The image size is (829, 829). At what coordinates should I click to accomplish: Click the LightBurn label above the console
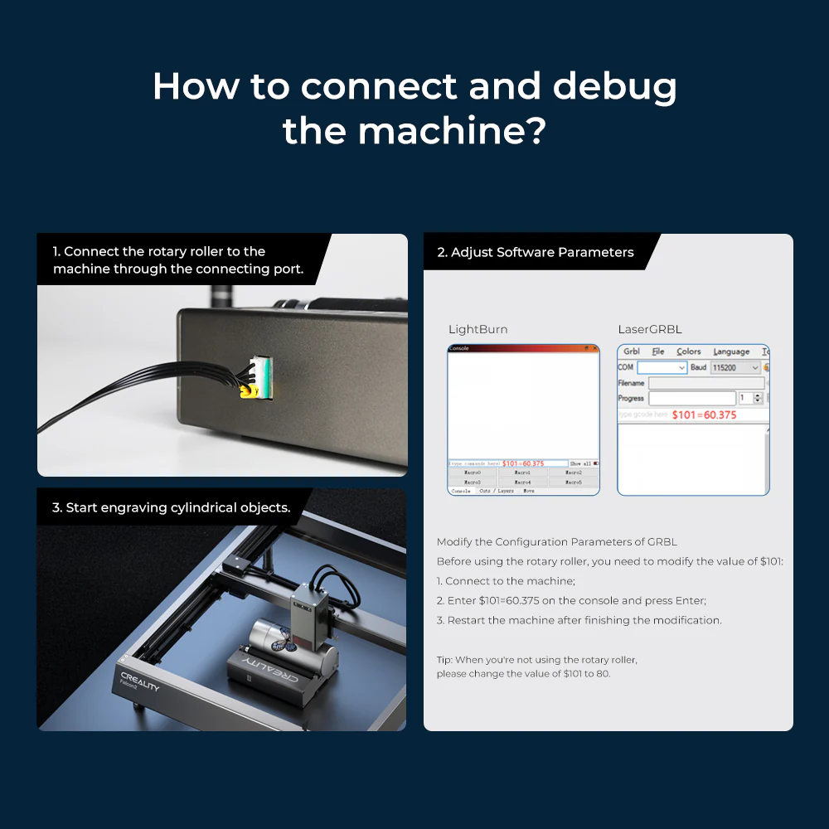(x=478, y=329)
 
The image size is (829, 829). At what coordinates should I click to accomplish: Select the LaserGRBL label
(x=650, y=329)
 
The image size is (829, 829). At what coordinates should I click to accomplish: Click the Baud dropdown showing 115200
(x=735, y=367)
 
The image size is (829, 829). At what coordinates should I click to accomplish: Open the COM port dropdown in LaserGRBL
(x=662, y=367)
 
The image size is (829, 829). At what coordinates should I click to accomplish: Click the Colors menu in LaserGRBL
(x=688, y=351)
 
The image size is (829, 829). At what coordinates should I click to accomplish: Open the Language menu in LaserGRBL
(x=730, y=351)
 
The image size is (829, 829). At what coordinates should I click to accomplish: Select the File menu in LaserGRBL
(x=657, y=351)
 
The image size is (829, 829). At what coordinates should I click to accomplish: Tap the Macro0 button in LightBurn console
(x=472, y=473)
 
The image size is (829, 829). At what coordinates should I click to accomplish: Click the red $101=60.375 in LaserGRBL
(x=704, y=414)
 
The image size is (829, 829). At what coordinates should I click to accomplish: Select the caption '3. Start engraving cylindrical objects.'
(x=171, y=507)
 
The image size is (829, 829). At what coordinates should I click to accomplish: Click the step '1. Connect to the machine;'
(x=506, y=581)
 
